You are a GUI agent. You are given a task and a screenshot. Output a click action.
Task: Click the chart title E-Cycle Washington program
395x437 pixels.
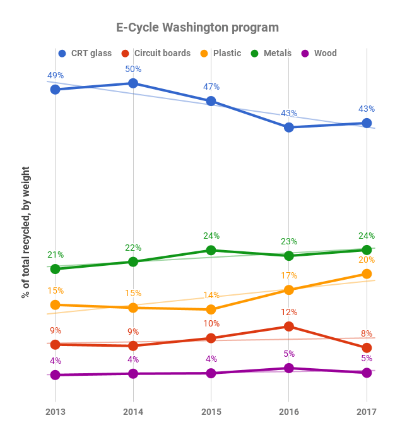(x=197, y=28)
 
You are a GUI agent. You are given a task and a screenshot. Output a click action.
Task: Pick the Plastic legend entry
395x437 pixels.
(x=220, y=53)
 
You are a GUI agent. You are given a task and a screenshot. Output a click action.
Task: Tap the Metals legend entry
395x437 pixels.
(x=271, y=53)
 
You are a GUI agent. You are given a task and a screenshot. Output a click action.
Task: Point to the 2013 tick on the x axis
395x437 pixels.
(x=55, y=412)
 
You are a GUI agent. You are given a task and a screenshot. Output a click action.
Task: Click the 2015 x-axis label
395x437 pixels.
(x=211, y=412)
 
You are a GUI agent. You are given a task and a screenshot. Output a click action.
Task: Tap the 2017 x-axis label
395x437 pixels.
(x=367, y=412)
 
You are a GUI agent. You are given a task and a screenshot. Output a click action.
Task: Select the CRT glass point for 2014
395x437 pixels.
(x=133, y=83)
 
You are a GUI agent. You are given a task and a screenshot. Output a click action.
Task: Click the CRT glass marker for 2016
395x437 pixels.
(x=289, y=127)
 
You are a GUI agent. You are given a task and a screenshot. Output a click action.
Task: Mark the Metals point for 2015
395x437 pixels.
(x=211, y=250)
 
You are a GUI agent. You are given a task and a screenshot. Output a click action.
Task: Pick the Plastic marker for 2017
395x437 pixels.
(x=367, y=273)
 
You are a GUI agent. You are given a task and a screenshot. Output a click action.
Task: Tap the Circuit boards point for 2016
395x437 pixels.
(x=289, y=326)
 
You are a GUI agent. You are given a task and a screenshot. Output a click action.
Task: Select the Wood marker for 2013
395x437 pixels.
(x=55, y=375)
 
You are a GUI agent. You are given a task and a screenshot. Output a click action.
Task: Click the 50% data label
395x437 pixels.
(x=133, y=69)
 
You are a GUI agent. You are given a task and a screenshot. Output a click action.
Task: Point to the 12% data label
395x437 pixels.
(x=289, y=312)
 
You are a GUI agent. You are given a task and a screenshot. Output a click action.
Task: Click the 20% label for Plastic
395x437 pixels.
(x=367, y=260)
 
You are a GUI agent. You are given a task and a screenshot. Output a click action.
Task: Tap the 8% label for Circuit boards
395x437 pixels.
(x=367, y=334)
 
